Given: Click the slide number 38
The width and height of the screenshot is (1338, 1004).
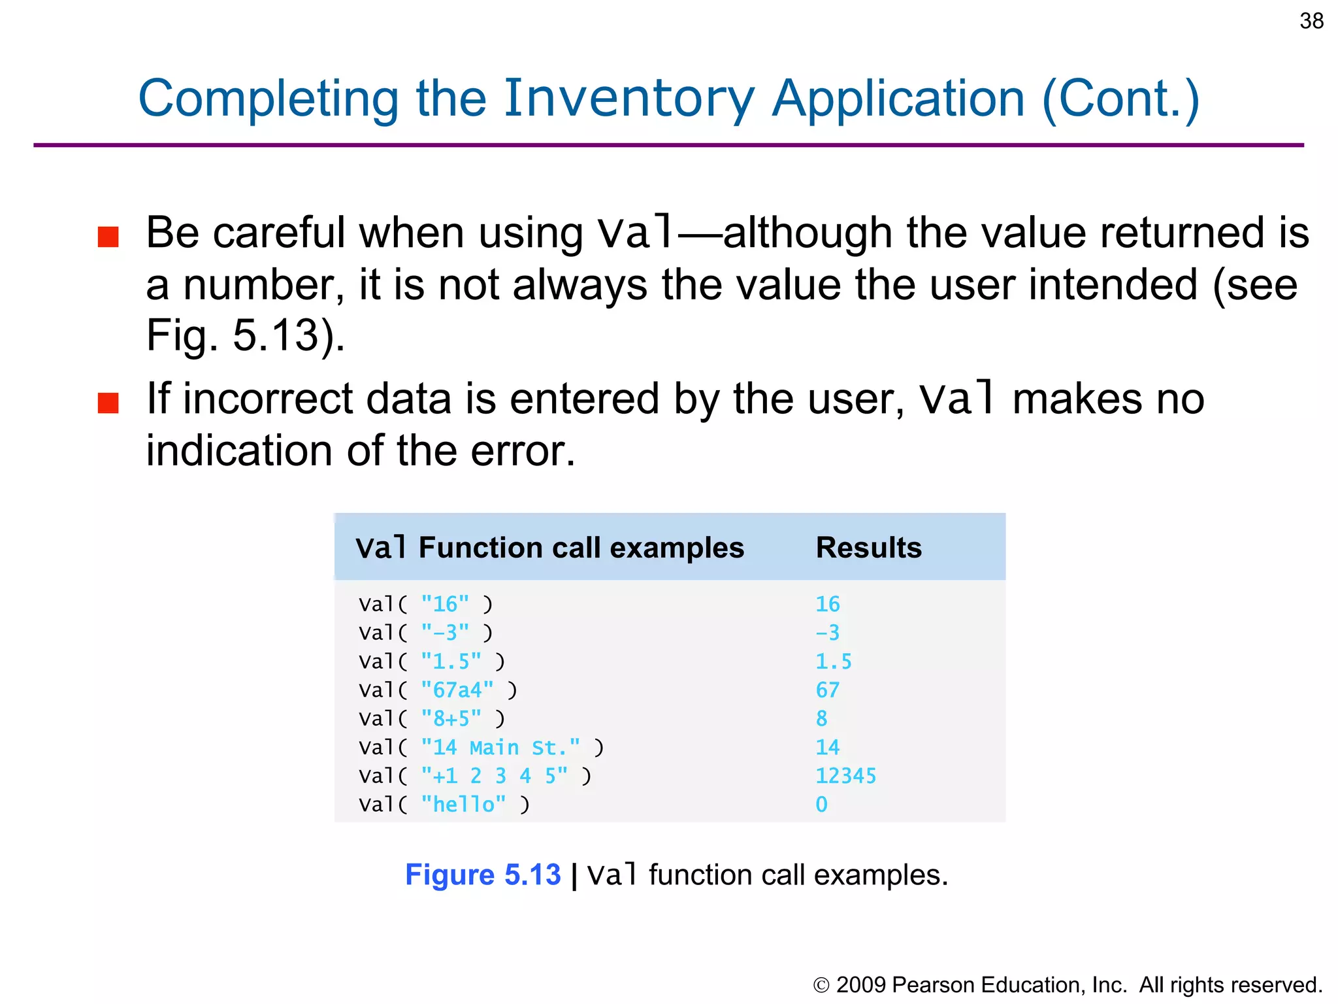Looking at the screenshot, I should [x=1311, y=21].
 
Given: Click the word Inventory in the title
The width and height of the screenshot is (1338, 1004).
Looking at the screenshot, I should [x=628, y=99].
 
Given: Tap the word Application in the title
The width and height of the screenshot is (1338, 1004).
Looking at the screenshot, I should [x=898, y=99].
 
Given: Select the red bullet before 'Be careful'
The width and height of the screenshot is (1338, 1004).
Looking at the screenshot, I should [x=108, y=237].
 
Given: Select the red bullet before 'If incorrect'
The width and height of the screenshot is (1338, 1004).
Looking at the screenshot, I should [x=108, y=403].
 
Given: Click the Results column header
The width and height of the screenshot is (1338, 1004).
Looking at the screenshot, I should [x=868, y=548].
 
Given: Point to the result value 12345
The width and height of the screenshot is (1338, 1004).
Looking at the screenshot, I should [x=845, y=776].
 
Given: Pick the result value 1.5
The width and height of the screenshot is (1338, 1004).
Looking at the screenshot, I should [x=833, y=661].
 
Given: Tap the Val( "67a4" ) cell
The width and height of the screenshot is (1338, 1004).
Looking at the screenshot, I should [x=438, y=690].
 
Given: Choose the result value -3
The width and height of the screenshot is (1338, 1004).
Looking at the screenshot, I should [x=827, y=633].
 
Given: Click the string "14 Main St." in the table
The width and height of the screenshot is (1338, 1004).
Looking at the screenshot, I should [x=500, y=747].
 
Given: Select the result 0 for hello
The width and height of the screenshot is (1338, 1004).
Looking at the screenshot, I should [x=821, y=805].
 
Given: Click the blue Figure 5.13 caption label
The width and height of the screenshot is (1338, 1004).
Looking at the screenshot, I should [x=483, y=875].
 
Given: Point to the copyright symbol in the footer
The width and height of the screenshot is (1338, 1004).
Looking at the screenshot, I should [x=821, y=985].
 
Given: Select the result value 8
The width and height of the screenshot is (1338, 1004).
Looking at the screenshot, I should [x=821, y=719].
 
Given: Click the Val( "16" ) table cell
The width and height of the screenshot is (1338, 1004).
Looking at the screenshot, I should [x=425, y=604].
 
